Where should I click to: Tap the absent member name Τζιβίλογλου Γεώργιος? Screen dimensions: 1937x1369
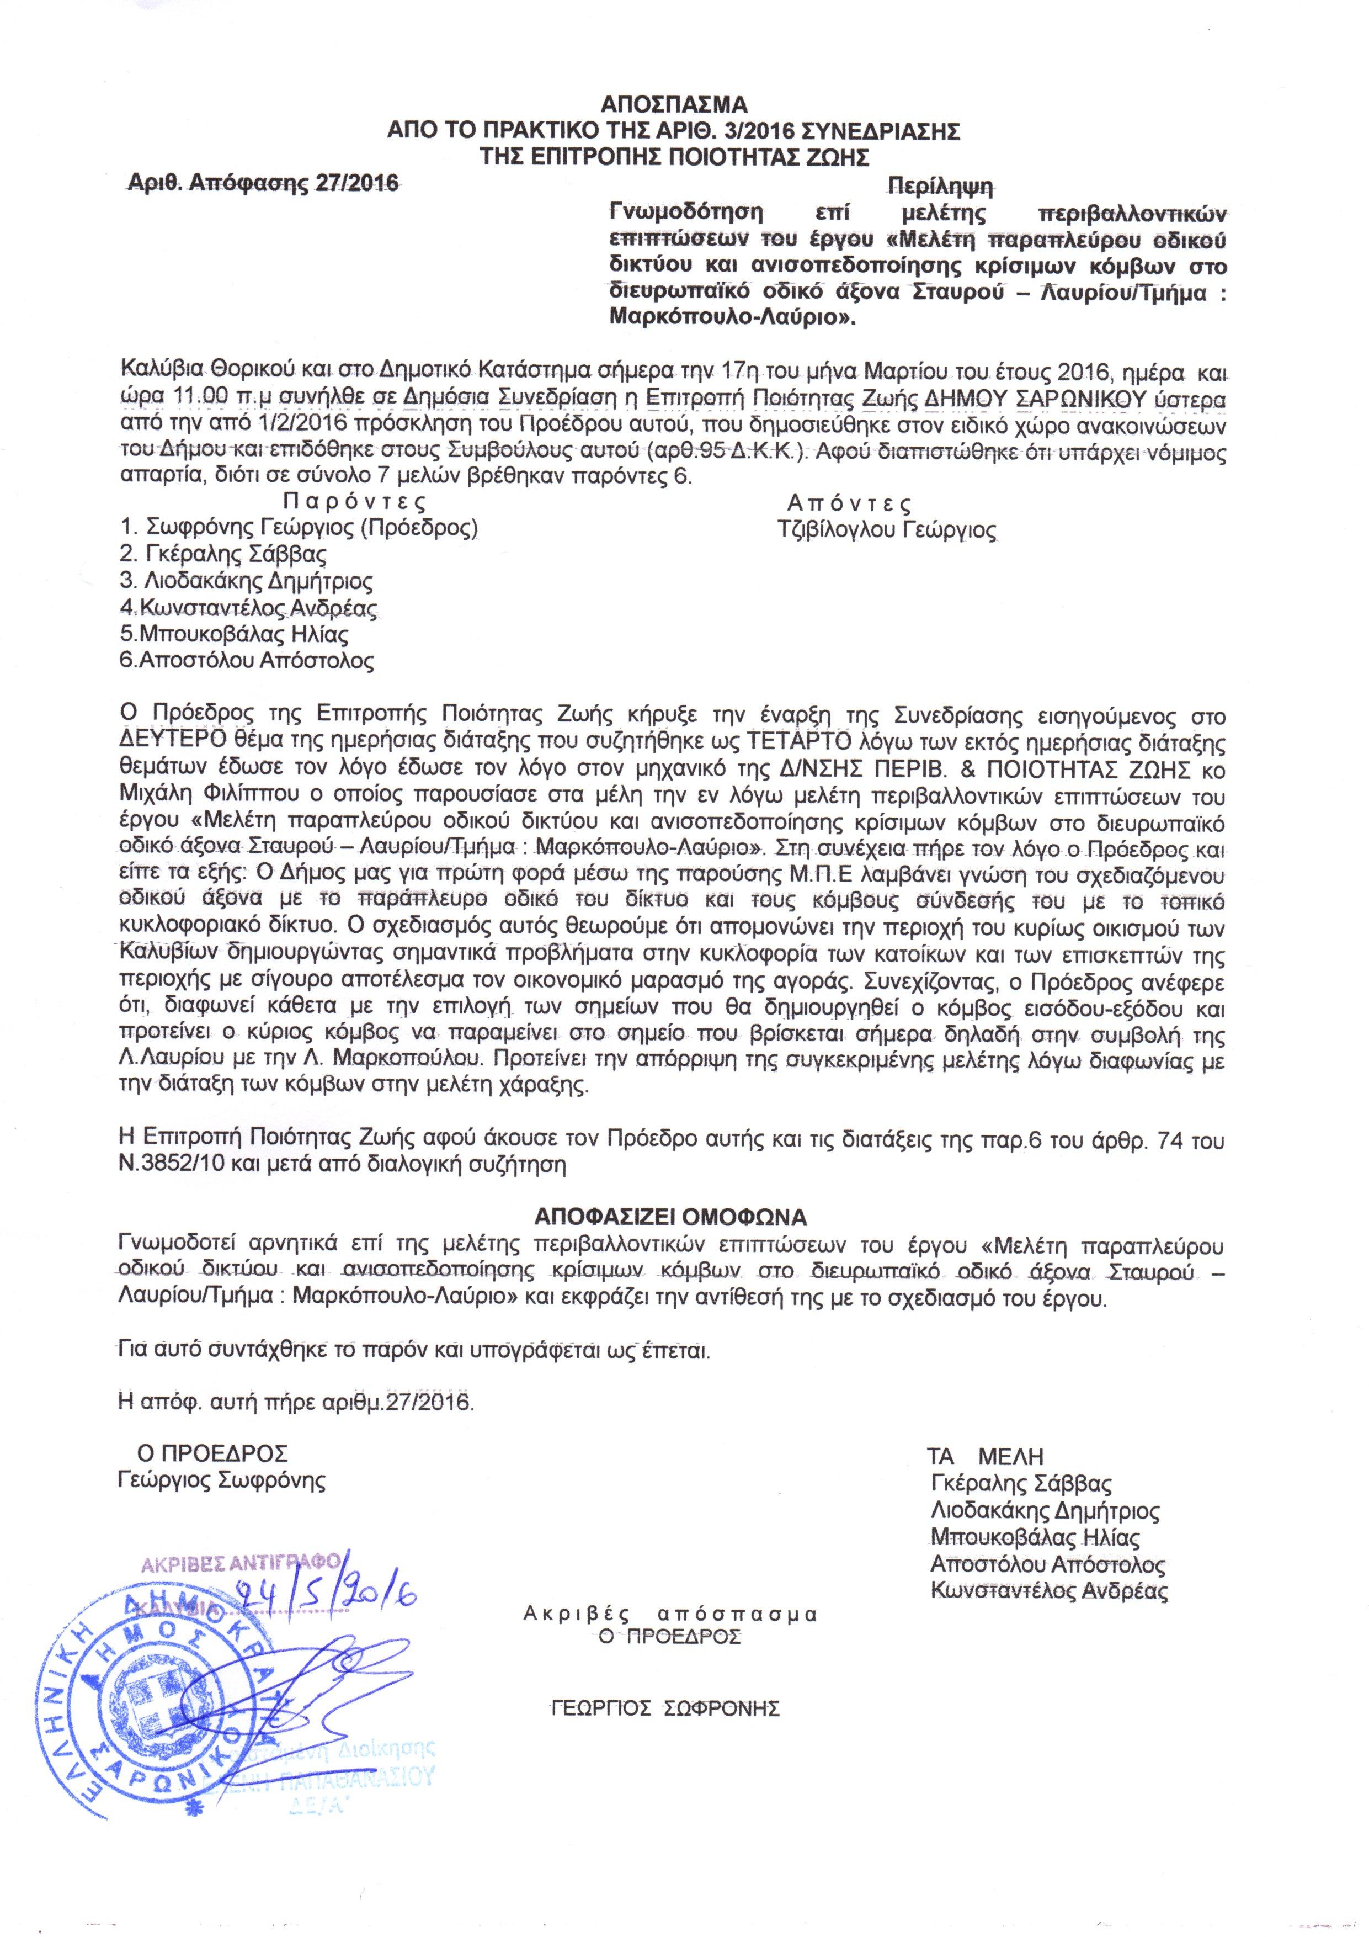[x=887, y=530]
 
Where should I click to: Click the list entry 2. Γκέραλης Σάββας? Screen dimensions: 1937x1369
[x=225, y=555]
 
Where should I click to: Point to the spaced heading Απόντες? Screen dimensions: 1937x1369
[x=849, y=503]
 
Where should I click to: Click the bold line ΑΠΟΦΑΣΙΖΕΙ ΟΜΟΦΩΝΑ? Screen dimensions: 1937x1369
[x=672, y=1217]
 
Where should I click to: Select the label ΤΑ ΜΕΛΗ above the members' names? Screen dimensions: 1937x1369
[x=985, y=1457]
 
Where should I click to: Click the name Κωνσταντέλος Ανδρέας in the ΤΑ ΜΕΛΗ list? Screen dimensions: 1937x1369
[x=1048, y=1591]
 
